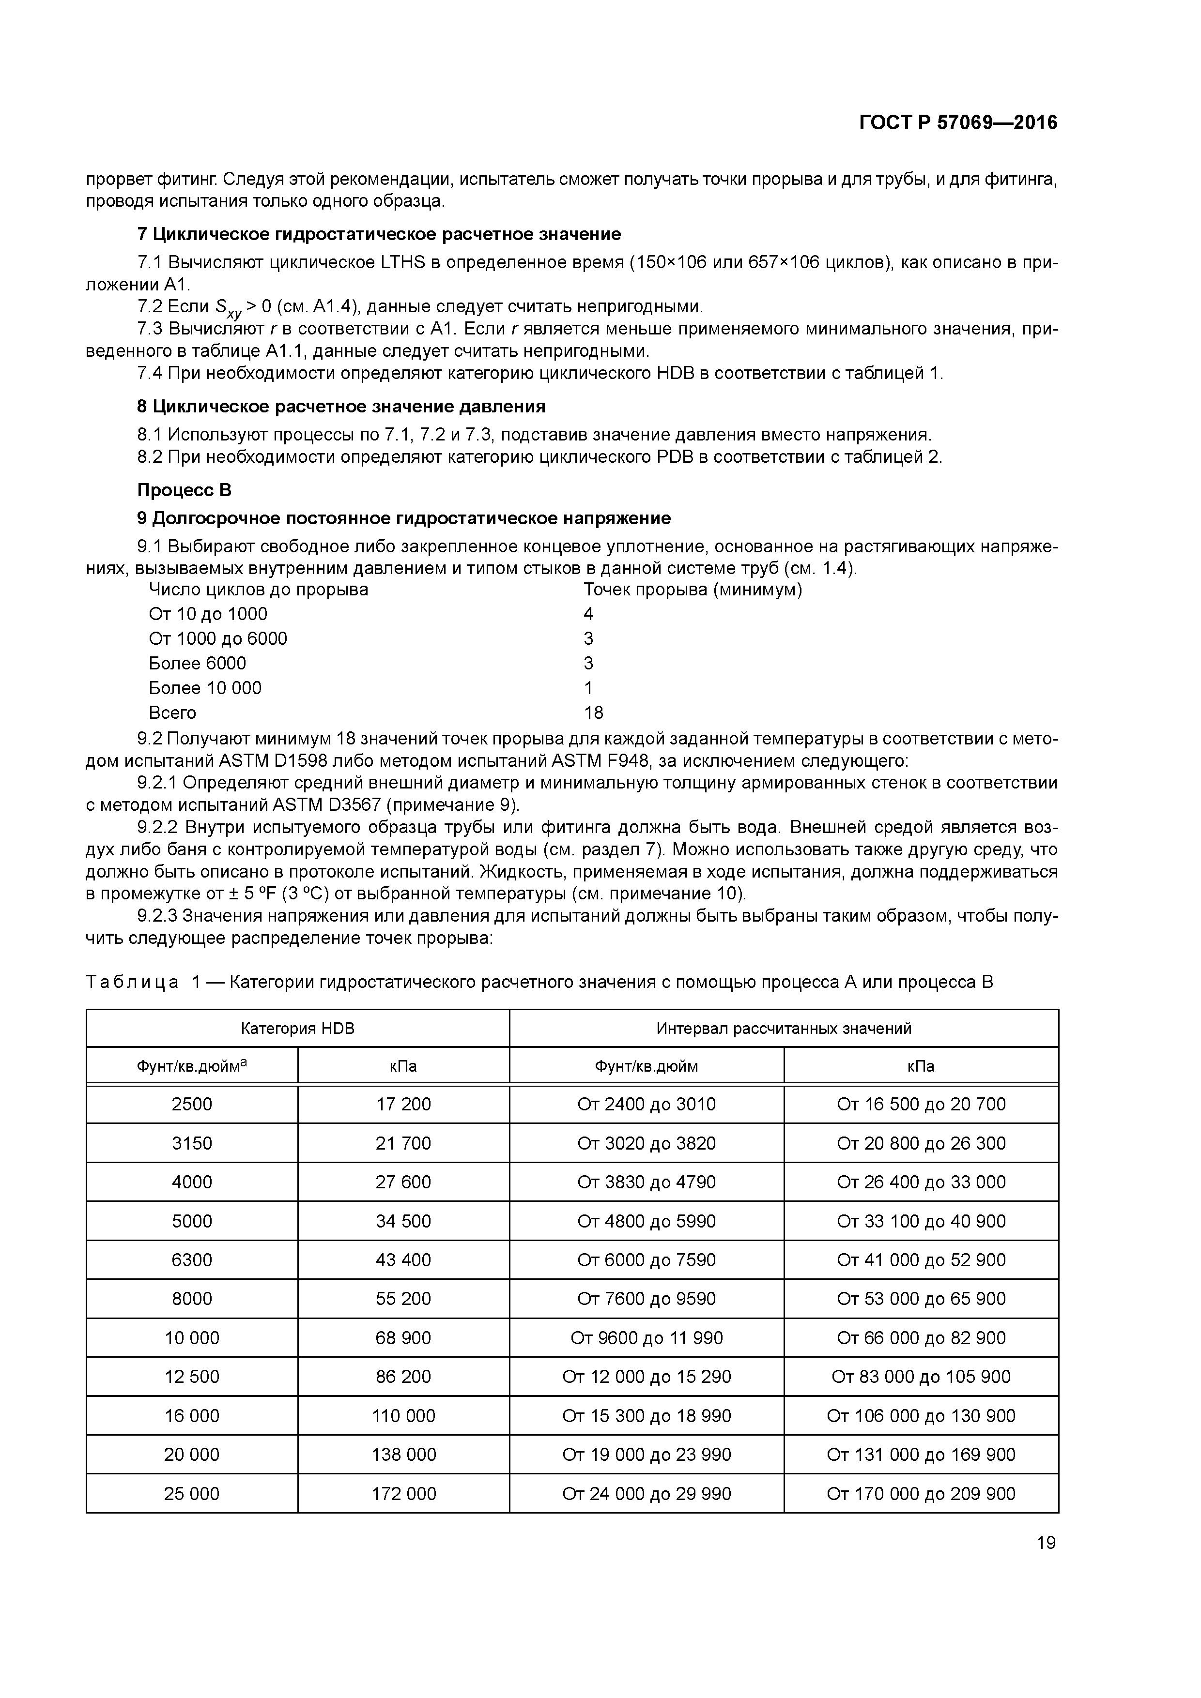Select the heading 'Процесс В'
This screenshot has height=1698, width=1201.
point(184,490)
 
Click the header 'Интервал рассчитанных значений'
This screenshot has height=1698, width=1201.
point(783,1029)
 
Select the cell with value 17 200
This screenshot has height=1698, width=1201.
point(403,1105)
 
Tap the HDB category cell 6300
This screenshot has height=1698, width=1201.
point(192,1260)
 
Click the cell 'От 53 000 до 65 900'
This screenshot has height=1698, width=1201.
point(921,1299)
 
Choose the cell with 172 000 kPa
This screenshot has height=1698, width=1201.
point(403,1494)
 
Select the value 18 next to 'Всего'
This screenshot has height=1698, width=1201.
point(593,713)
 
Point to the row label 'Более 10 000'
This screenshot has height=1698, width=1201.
point(205,688)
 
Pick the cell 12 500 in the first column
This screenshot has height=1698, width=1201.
point(192,1377)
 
